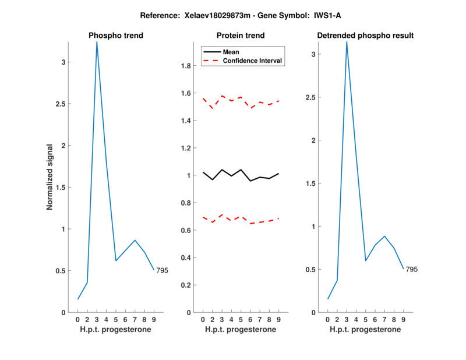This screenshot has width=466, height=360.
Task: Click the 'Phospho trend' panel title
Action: [116, 36]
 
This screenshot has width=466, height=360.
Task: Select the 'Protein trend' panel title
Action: [241, 36]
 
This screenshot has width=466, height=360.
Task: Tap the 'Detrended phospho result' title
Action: [365, 36]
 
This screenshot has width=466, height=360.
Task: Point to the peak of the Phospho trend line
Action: [97, 42]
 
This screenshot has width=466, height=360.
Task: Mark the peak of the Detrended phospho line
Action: [347, 42]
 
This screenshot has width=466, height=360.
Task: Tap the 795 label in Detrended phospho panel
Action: [412, 269]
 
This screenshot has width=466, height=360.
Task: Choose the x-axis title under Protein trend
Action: [241, 330]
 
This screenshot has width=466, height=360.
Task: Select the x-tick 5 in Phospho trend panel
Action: [116, 319]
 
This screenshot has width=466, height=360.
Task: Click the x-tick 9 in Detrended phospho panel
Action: [403, 319]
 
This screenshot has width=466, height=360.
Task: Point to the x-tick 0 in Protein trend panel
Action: [203, 319]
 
